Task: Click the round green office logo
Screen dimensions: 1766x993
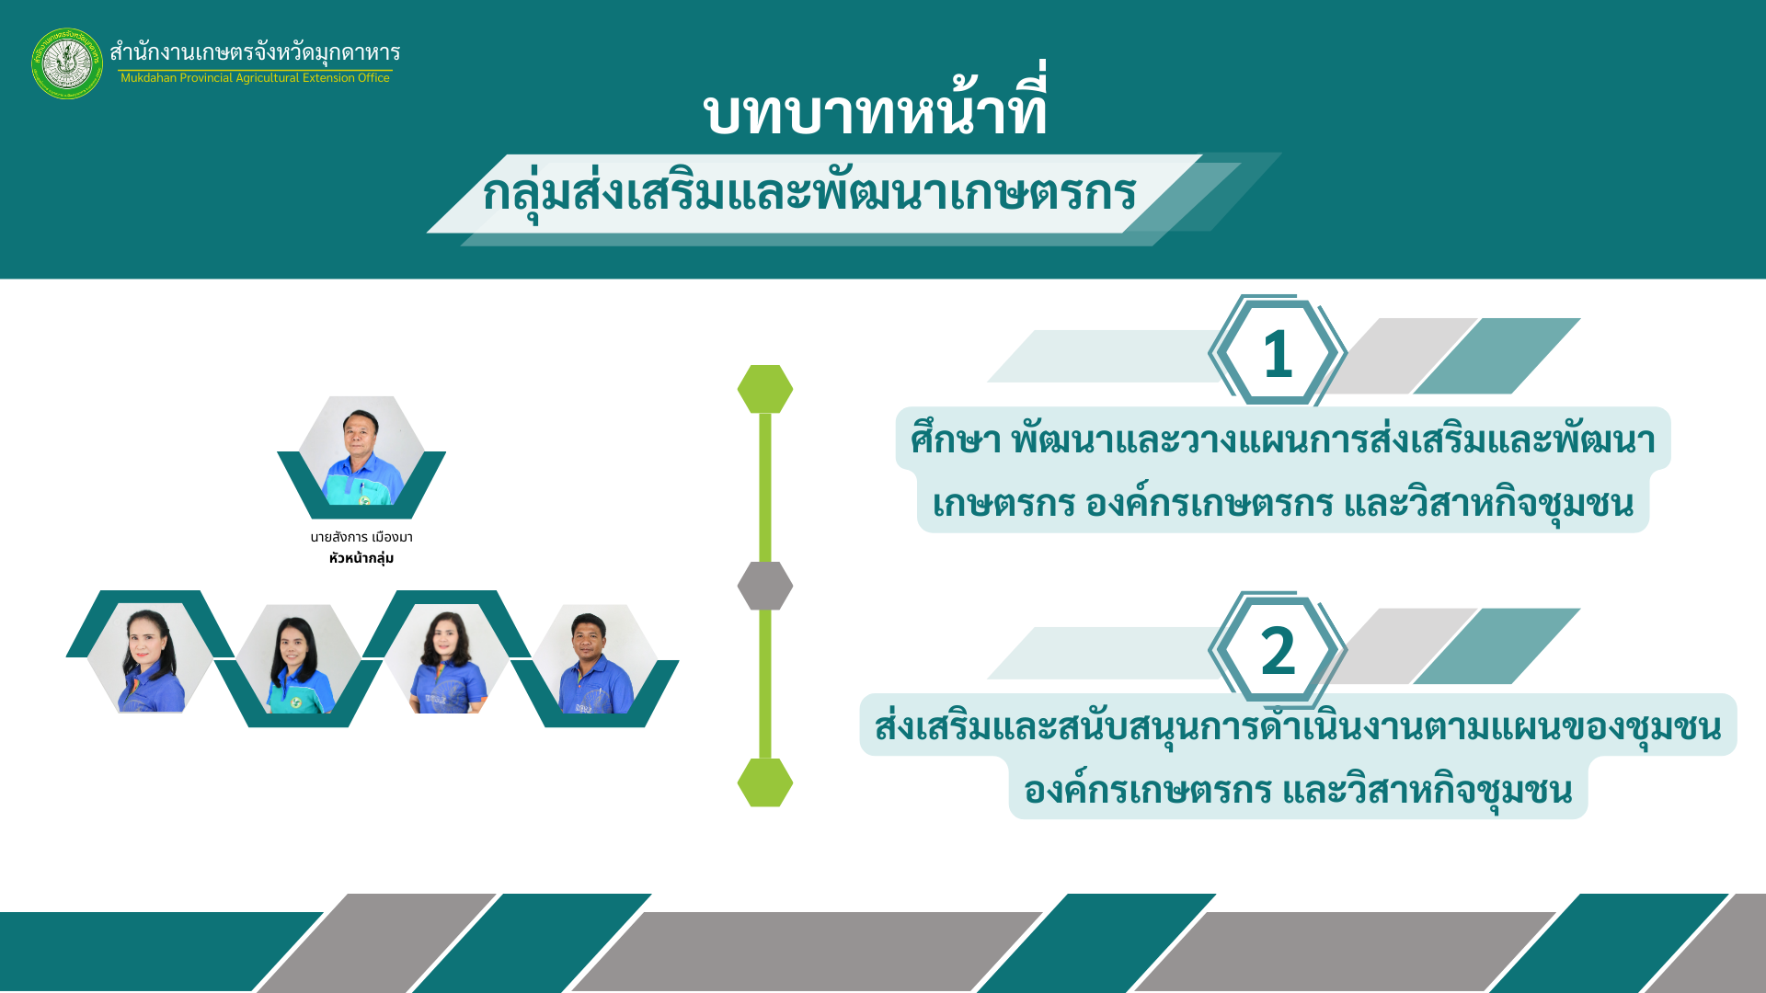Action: point(67,63)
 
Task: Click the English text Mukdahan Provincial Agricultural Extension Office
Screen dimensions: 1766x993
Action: point(255,78)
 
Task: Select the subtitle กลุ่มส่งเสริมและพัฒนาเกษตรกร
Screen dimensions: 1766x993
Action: point(809,192)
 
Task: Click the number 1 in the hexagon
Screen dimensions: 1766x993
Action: point(1278,354)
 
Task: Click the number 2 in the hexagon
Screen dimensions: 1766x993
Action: point(1278,651)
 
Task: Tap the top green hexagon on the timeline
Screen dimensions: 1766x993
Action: point(765,389)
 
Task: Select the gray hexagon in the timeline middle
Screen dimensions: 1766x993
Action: point(765,586)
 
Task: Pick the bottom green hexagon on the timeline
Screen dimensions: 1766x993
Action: point(765,782)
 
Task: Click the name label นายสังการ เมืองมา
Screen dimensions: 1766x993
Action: point(361,537)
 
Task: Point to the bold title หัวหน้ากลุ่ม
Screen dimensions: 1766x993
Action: point(361,558)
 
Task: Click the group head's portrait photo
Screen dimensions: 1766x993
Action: point(361,451)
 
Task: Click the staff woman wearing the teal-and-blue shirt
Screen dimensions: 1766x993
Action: point(298,659)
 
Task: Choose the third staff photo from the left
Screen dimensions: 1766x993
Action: point(446,659)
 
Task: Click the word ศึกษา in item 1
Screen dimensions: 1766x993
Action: point(956,439)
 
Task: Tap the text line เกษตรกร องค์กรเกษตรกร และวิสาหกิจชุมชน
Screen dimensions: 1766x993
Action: point(1283,504)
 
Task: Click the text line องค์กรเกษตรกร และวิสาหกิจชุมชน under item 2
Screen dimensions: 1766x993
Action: point(1298,790)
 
